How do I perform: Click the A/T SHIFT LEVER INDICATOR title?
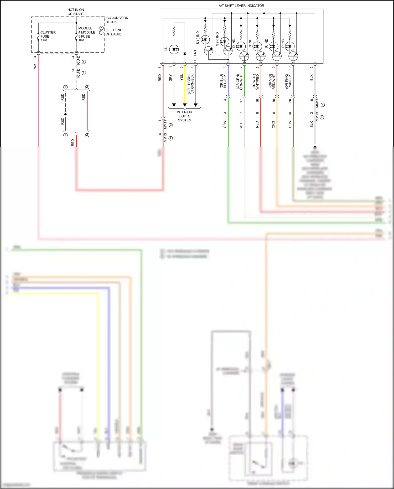click(241, 6)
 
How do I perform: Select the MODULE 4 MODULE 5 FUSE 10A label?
click(86, 34)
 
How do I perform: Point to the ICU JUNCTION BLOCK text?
click(117, 20)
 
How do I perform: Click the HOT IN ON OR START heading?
click(76, 12)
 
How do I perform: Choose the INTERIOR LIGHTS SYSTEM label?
click(185, 116)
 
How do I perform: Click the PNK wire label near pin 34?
click(35, 67)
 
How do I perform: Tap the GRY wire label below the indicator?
click(170, 78)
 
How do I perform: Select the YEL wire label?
click(181, 78)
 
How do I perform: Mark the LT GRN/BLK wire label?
click(192, 84)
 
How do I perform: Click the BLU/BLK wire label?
click(225, 81)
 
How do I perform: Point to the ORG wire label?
click(273, 125)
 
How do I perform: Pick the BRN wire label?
click(290, 125)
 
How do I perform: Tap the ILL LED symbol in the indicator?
click(174, 49)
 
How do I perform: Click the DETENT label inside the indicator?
click(195, 56)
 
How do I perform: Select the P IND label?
click(283, 43)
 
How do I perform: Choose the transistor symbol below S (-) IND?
click(209, 50)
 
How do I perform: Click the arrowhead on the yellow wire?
click(185, 105)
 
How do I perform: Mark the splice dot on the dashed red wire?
click(65, 114)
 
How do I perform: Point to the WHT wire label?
click(241, 125)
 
